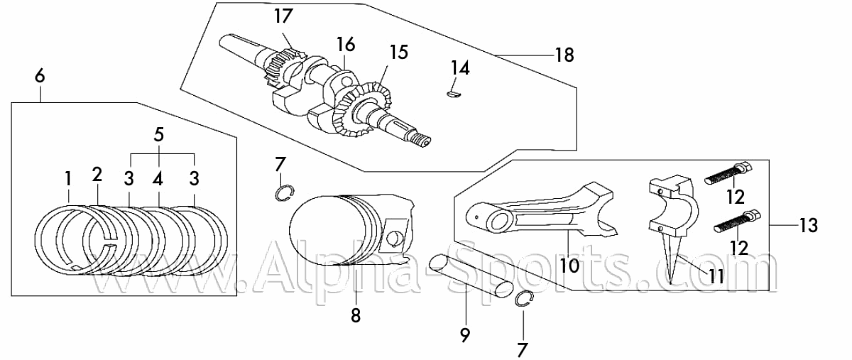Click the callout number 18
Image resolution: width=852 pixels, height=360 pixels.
565,55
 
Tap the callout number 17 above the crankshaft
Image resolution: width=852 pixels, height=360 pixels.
284,16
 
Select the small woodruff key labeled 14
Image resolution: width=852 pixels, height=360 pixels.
454,94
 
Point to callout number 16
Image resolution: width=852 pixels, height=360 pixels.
346,45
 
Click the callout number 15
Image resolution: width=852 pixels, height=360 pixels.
398,52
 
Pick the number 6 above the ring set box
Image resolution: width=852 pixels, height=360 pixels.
40,76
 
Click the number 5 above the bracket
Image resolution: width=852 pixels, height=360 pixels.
159,135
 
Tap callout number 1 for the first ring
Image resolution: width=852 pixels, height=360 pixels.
68,179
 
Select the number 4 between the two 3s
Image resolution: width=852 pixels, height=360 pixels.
158,179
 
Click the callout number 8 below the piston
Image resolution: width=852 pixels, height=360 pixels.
356,315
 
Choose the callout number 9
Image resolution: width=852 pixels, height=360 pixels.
465,335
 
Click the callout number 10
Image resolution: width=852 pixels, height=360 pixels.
569,266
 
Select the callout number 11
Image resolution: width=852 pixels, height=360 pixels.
716,277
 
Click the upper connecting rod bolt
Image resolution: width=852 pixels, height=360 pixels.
728,173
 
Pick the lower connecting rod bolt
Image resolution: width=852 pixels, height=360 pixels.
737,222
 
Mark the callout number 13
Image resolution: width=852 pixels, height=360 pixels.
808,226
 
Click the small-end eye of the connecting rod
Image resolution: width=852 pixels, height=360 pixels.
499,222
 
